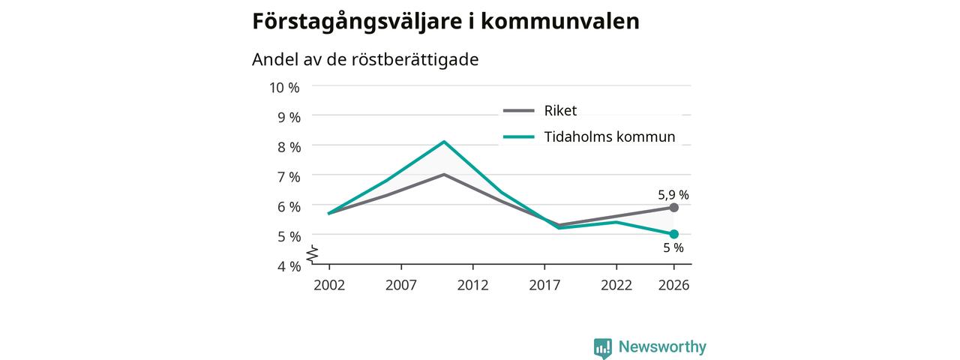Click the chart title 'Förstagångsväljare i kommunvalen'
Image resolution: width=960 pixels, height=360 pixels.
[x=445, y=22]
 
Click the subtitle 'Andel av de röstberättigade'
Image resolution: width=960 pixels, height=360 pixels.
[x=365, y=59]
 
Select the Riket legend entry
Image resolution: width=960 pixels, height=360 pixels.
[x=540, y=110]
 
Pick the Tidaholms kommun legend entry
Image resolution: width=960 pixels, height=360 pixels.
[x=589, y=136]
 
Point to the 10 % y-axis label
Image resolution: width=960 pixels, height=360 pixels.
[x=284, y=88]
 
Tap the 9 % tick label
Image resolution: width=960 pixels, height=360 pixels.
[x=289, y=118]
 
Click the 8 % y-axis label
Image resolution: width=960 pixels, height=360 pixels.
[x=289, y=148]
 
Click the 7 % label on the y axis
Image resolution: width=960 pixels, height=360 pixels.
[x=289, y=177]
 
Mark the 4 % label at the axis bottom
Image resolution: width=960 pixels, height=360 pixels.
[x=289, y=266]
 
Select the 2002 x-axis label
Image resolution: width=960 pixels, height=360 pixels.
[x=329, y=286]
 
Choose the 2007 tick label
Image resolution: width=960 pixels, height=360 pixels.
[x=400, y=286]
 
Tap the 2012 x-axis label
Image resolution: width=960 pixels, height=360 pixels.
[x=472, y=286]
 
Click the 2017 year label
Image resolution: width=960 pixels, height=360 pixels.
[x=544, y=286]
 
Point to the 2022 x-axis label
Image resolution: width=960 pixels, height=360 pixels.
[x=616, y=286]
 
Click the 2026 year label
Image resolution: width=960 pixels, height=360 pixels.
[x=673, y=286]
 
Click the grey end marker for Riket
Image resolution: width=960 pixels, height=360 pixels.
[x=673, y=208]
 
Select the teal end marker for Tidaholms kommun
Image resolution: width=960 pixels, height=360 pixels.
[x=673, y=234]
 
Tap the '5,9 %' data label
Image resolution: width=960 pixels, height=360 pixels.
[x=673, y=195]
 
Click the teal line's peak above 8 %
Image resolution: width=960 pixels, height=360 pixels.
[x=445, y=142]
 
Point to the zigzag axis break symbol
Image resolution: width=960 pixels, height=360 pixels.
[x=313, y=254]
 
